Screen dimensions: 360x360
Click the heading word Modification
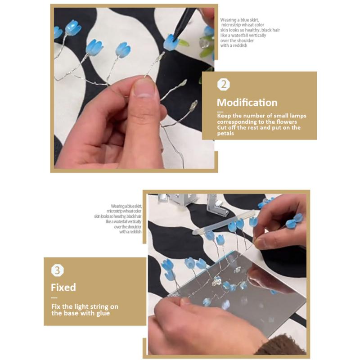click(247, 103)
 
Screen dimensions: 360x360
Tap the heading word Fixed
click(63, 288)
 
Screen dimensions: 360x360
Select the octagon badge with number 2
click(223, 85)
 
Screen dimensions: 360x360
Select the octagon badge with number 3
click(58, 270)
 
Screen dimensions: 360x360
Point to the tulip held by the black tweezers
click(171, 42)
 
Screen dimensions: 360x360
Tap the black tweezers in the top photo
click(184, 23)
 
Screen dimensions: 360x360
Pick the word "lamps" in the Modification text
click(298, 116)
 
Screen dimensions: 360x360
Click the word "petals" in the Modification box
click(225, 134)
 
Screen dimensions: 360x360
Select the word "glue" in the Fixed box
click(103, 313)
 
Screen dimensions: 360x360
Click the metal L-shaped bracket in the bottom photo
click(217, 206)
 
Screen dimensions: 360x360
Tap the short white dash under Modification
click(220, 112)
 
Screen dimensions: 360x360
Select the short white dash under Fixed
click(54, 298)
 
